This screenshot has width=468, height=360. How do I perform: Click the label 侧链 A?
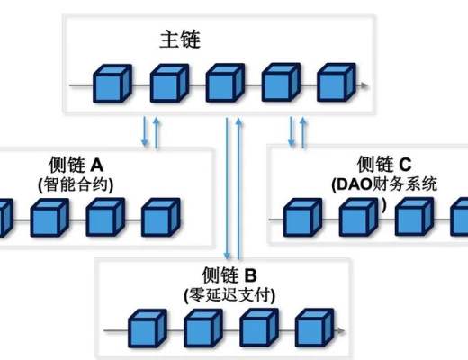coord(76,165)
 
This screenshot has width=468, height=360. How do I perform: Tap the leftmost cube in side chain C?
coord(301,218)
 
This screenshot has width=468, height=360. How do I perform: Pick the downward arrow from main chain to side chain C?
coord(291,131)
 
